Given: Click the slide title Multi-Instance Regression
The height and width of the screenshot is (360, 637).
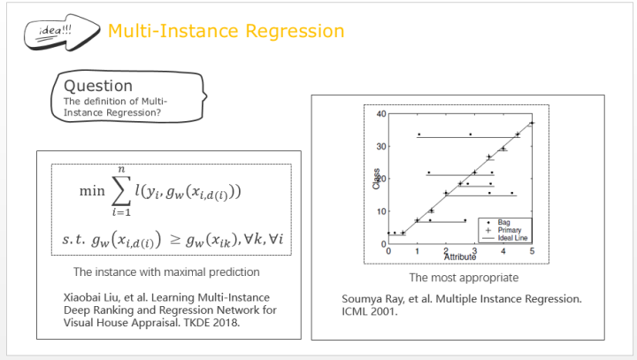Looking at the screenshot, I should click(x=226, y=31).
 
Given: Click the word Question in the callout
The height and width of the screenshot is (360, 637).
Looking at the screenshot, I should click(x=98, y=86).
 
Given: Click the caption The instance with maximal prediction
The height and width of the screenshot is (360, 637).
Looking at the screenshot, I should click(x=165, y=272).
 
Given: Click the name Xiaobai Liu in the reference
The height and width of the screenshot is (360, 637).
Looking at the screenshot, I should click(x=92, y=297).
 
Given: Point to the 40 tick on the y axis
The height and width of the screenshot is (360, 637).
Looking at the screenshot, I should click(x=380, y=114).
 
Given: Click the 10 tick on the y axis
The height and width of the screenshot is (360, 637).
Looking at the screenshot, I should click(x=380, y=211).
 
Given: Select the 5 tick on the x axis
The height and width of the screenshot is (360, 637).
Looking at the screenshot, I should click(x=532, y=251).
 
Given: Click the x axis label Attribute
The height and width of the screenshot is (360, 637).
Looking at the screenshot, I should click(x=459, y=257).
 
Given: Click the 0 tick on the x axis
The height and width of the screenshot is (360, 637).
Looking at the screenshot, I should click(x=388, y=251).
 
